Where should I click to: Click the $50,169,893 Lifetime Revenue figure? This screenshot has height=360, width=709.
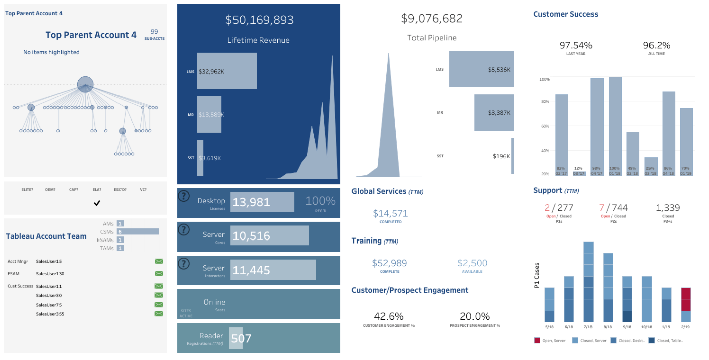(259, 20)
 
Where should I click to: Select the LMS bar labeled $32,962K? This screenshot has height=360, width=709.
(226, 71)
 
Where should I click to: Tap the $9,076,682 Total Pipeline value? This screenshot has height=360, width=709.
(432, 19)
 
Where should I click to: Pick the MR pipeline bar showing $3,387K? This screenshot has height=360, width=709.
(494, 112)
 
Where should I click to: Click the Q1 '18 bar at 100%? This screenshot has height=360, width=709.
(615, 126)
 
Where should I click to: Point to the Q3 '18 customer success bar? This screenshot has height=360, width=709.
(651, 167)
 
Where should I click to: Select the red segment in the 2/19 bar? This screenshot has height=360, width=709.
(685, 299)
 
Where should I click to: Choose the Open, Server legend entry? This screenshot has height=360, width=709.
(551, 341)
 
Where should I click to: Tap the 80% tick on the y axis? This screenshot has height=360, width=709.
(544, 102)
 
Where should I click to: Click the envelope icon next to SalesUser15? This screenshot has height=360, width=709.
(159, 261)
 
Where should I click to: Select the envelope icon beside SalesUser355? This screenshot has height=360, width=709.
(159, 314)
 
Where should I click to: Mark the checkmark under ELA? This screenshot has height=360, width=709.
(97, 203)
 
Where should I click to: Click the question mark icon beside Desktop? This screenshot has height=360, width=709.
(184, 197)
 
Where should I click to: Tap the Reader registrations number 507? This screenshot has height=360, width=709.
(241, 338)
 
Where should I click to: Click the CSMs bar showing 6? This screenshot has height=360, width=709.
(137, 231)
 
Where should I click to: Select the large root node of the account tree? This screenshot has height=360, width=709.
(85, 84)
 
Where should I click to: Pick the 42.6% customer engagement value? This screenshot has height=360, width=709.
(388, 316)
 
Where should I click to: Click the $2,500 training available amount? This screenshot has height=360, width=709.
(472, 263)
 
